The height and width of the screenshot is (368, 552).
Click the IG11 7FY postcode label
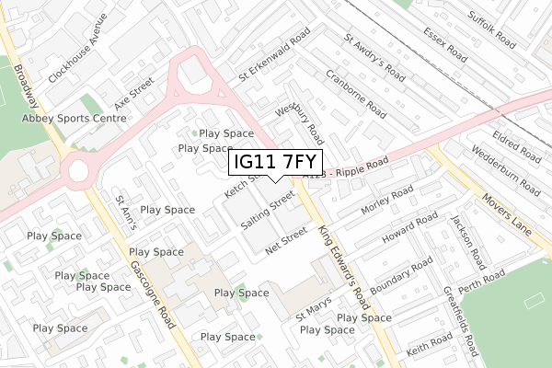(x=275, y=163)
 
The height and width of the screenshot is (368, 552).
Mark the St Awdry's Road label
(x=374, y=56)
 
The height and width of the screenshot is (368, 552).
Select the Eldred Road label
(x=518, y=142)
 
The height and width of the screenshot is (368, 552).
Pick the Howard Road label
(x=408, y=229)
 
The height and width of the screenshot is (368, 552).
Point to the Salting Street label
(x=268, y=211)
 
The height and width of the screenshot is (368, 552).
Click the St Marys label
(x=313, y=312)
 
